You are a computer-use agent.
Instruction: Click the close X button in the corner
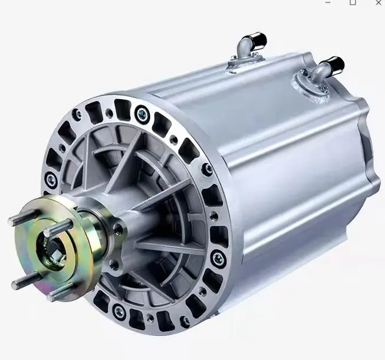(378, 2)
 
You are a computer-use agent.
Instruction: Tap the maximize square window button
(353, 2)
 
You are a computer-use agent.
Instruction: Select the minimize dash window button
(328, 3)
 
